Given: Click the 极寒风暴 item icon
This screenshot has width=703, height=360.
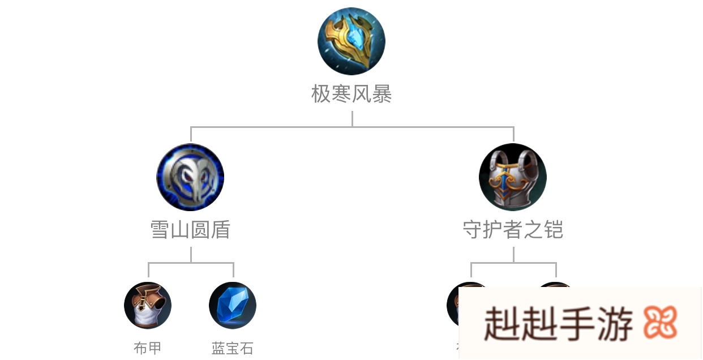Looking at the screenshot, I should click(x=351, y=41).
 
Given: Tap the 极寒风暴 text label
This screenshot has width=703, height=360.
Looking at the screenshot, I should click(x=351, y=94).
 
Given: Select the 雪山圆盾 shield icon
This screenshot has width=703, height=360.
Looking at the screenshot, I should click(x=190, y=177).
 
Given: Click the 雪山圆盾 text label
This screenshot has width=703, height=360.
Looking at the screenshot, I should click(x=190, y=230).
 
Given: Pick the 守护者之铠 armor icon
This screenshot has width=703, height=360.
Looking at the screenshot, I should click(x=513, y=177).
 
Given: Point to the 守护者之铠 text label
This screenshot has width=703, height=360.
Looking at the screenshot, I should click(x=513, y=230).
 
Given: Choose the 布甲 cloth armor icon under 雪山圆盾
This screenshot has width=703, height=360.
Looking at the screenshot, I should click(x=148, y=306).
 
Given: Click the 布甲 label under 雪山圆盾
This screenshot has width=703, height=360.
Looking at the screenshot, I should click(x=148, y=348).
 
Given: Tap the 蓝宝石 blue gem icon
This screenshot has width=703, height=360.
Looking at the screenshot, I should click(x=233, y=306).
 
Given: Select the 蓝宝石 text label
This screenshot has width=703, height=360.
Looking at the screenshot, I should click(x=233, y=348).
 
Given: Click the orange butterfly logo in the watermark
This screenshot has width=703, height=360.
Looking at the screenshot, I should click(x=660, y=324).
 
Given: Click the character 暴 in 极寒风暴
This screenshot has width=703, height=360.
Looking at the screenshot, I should click(x=382, y=94).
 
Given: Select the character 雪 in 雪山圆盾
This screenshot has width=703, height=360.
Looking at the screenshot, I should click(x=160, y=230).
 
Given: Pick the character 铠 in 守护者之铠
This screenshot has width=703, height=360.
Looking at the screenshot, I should click(x=553, y=230).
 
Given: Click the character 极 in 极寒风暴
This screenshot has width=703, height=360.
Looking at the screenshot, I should click(x=321, y=94).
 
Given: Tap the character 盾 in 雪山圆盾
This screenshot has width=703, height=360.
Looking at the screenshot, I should click(x=220, y=230).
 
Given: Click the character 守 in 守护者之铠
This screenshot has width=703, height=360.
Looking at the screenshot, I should click(x=473, y=230).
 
